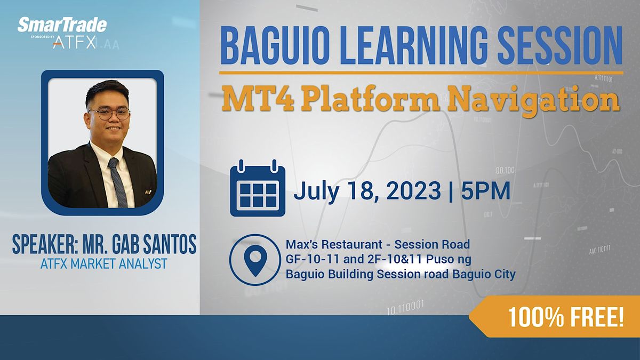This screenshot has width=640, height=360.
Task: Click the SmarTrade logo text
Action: pos(62,25)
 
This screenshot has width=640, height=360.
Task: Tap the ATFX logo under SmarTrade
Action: pos(75,43)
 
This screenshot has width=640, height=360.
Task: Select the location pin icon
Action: pos(255,260)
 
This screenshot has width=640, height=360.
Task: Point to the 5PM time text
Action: pos(485,191)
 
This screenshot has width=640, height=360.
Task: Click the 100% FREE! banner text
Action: pos(565,318)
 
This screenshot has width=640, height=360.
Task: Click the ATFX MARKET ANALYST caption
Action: pos(103,263)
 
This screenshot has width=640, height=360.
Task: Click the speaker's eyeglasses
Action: pos(110,113)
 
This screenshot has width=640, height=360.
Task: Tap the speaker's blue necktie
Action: pos(117,181)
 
